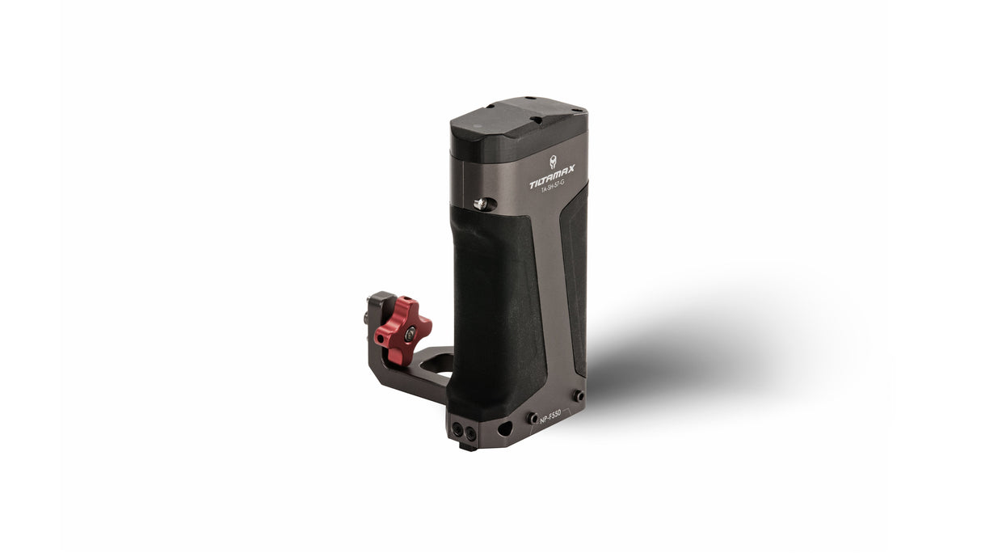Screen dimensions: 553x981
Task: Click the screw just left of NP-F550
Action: click(533, 418)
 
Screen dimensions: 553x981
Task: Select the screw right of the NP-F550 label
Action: click(579, 396)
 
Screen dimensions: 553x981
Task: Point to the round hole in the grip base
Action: click(505, 428)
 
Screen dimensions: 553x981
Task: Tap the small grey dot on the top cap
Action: click(476, 127)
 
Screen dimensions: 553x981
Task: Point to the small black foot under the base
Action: click(466, 445)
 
